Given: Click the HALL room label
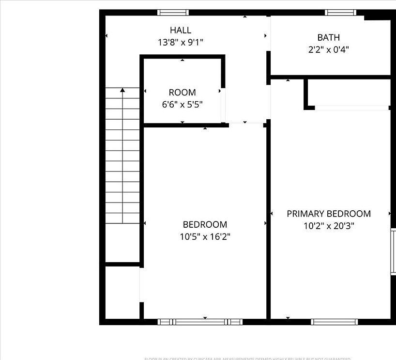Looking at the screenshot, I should click(x=180, y=30).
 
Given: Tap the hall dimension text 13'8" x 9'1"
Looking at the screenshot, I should click(x=180, y=43).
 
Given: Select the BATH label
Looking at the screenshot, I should click(x=328, y=37).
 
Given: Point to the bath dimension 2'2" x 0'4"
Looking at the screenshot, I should click(x=328, y=49).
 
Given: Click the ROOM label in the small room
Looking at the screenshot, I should click(x=182, y=92).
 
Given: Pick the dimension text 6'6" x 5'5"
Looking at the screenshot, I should click(x=182, y=104).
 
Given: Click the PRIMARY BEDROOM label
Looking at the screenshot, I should click(x=329, y=214).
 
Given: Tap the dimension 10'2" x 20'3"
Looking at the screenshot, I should click(x=329, y=226).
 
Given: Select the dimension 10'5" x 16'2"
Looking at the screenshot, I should click(x=205, y=237).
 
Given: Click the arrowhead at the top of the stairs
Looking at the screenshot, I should click(x=123, y=90).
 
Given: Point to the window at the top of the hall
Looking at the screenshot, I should click(x=173, y=13).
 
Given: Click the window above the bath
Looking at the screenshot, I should click(x=340, y=13).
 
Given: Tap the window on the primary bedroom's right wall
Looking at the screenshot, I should click(x=393, y=251).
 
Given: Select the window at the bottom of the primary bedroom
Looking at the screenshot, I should click(x=335, y=322).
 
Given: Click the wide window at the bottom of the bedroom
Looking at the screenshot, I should click(x=199, y=322).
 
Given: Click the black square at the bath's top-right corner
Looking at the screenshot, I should click(x=377, y=16).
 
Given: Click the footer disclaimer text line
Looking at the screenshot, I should click(x=247, y=359).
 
